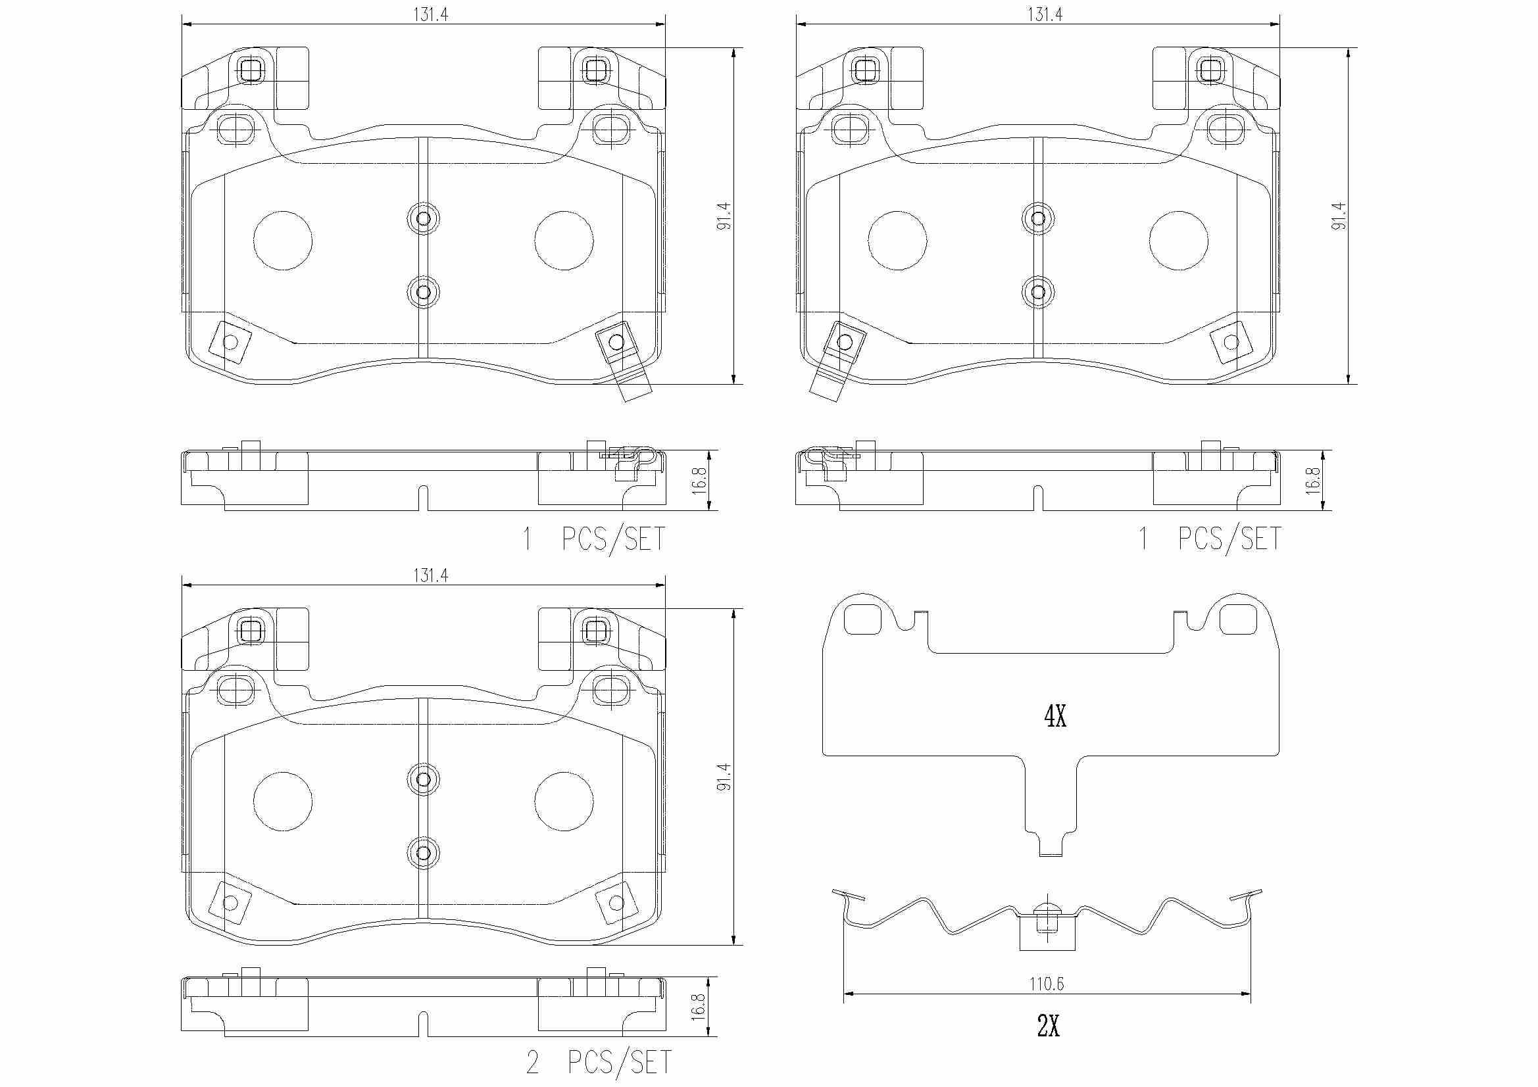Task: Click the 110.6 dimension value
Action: pos(1047,984)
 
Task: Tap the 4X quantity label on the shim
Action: pos(1055,718)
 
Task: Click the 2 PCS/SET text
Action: pos(599,1062)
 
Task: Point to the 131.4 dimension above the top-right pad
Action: pos(1045,14)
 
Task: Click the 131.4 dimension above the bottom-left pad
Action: pos(430,575)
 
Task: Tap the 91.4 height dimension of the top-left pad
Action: pos(724,216)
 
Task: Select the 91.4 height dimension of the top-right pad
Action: pos(1339,216)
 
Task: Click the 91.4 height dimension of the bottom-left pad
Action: pos(724,777)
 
